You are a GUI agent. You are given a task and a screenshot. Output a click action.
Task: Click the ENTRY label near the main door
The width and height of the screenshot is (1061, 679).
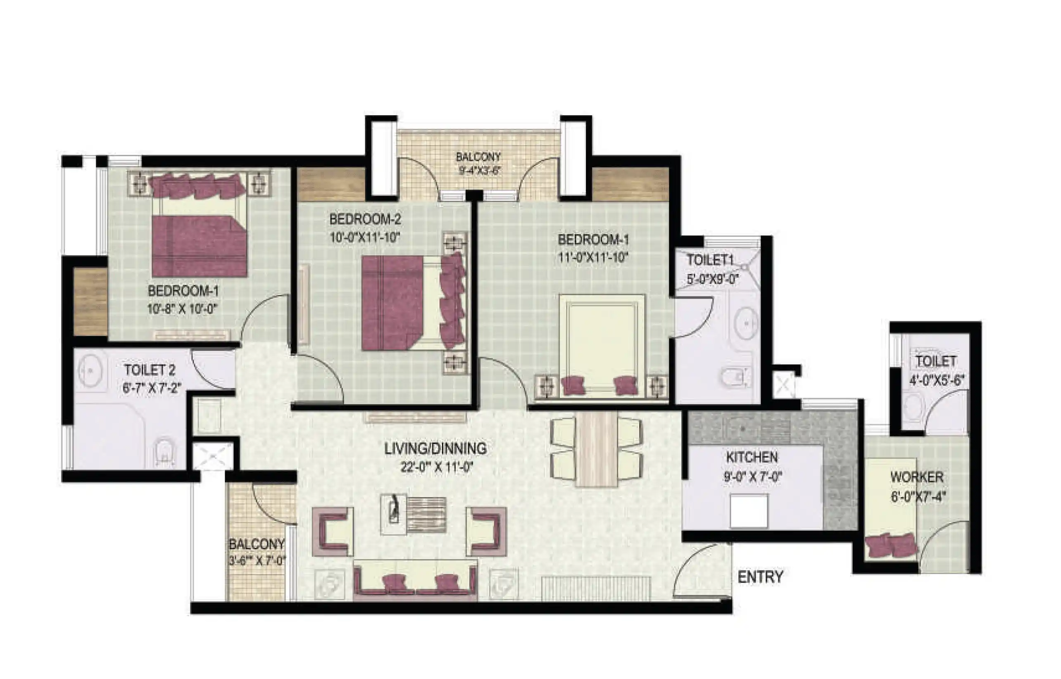click(760, 577)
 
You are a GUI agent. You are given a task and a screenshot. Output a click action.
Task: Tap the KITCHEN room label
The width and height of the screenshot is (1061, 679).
click(752, 457)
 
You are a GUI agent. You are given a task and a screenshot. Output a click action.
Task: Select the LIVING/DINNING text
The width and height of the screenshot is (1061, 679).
click(435, 449)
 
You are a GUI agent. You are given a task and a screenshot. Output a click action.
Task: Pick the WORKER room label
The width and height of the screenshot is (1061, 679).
click(917, 477)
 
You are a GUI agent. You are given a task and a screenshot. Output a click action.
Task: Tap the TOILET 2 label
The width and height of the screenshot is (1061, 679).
click(150, 370)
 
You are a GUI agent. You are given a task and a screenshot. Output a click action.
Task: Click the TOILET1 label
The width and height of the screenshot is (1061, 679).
click(710, 260)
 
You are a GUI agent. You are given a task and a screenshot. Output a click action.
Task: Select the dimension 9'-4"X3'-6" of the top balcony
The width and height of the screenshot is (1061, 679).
click(478, 170)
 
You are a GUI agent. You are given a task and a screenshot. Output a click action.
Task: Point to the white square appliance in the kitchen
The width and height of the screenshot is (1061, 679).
click(749, 511)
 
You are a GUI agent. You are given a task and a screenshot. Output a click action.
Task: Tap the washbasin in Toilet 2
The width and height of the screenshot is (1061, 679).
click(90, 370)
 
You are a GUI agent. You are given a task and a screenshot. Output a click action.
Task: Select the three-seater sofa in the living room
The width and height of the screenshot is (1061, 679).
click(415, 580)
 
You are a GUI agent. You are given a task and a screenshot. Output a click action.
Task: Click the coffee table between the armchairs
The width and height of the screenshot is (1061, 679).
click(413, 514)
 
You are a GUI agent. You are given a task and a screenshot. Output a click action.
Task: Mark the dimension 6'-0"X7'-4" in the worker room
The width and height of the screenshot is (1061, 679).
click(918, 496)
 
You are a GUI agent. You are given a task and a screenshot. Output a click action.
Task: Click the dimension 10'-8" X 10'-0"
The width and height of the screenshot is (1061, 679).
click(183, 309)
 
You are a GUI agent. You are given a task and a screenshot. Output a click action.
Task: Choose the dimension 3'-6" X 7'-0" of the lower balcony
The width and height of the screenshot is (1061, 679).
click(257, 561)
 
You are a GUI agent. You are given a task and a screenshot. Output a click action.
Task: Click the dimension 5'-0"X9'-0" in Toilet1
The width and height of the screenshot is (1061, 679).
click(713, 279)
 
